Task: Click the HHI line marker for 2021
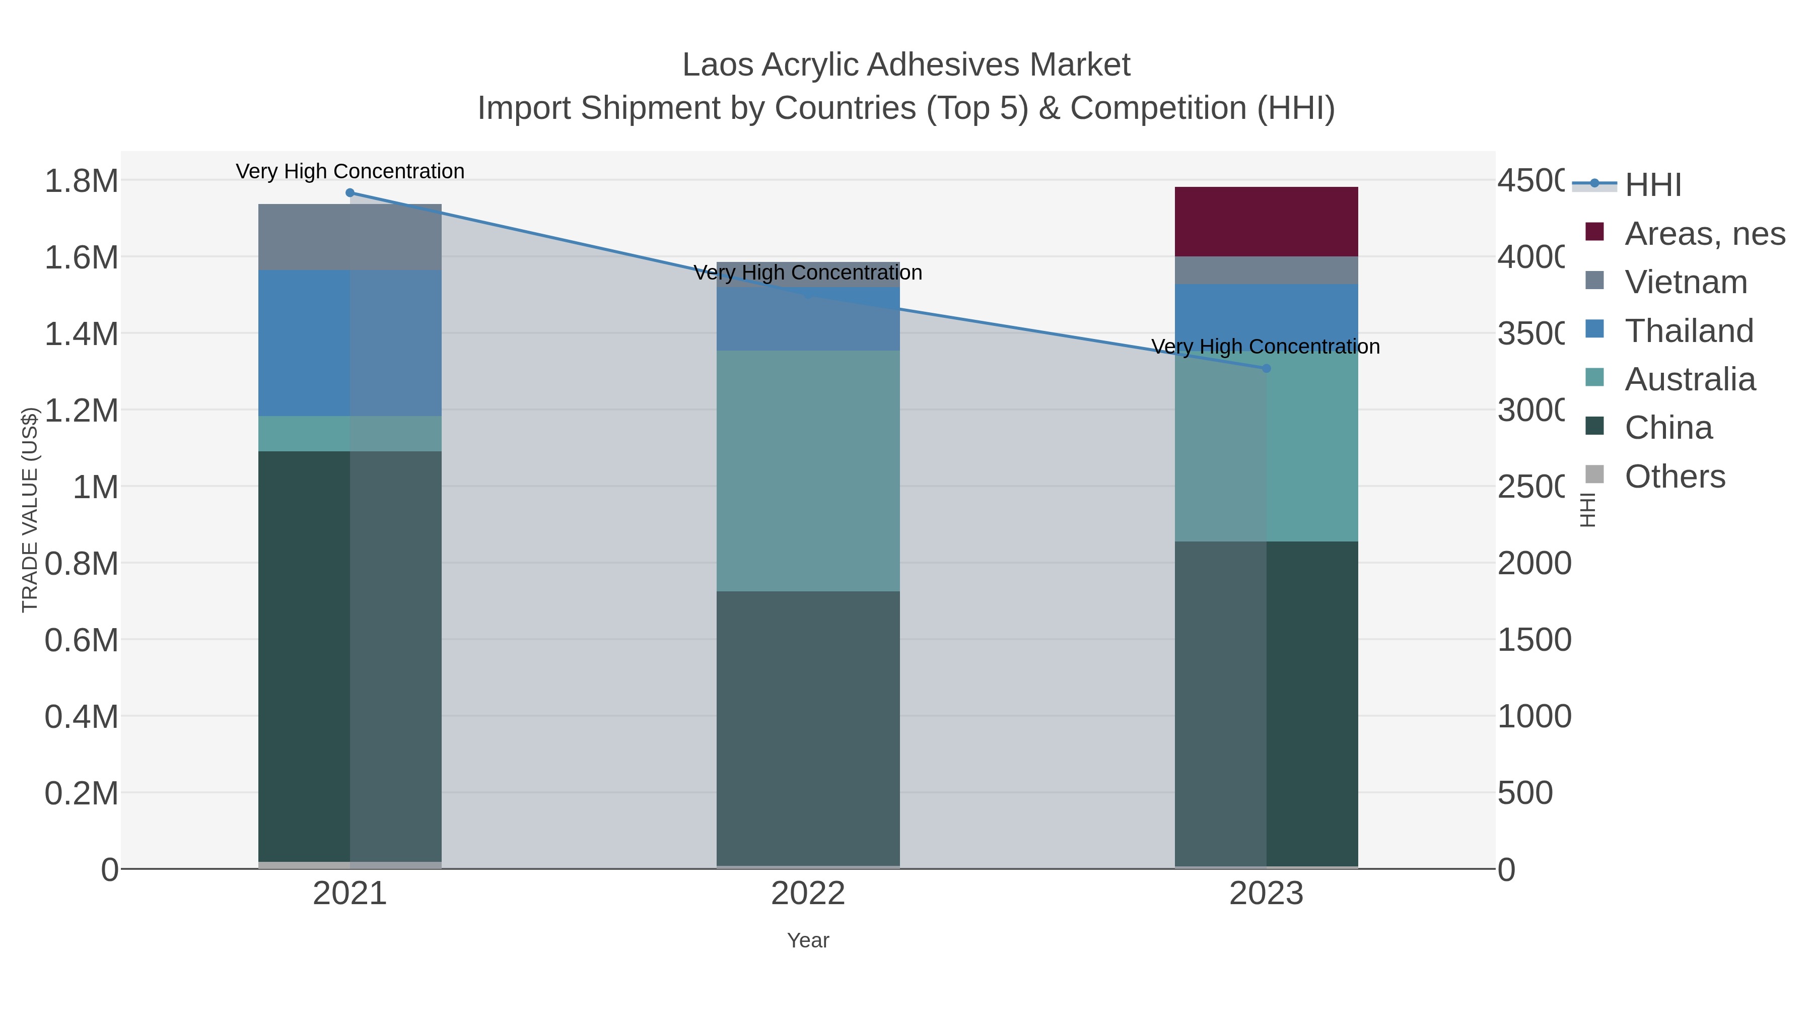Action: click(x=350, y=193)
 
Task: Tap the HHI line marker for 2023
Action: click(x=1266, y=368)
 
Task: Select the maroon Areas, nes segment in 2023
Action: click(x=1266, y=222)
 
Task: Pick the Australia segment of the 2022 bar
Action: click(x=808, y=470)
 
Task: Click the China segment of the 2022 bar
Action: click(x=808, y=728)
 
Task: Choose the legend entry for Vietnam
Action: click(x=1686, y=282)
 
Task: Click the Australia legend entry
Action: click(x=1689, y=379)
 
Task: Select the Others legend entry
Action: click(x=1675, y=477)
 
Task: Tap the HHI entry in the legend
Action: click(x=1652, y=185)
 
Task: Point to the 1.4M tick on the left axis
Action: click(x=82, y=333)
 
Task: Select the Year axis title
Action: click(x=808, y=940)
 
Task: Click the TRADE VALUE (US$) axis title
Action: click(x=30, y=510)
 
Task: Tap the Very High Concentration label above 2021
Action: click(x=350, y=171)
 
